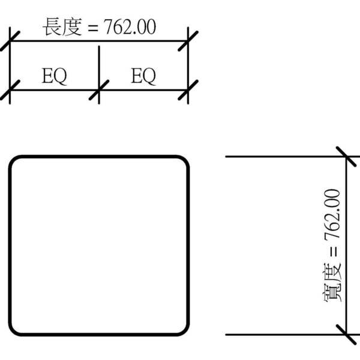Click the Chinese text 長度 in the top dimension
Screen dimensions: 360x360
[62, 27]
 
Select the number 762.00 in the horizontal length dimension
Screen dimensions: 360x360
[130, 27]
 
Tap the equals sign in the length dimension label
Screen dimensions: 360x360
[93, 28]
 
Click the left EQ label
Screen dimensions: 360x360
[55, 76]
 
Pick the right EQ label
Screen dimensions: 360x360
[143, 76]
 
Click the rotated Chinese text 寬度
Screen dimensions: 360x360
[332, 283]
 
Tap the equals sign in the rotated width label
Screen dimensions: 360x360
[334, 251]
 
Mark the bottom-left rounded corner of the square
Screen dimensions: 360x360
[14, 331]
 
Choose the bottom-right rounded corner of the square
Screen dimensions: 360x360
[184, 331]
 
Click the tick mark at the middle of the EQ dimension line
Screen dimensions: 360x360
[99, 90]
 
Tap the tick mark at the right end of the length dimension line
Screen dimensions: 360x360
[188, 41]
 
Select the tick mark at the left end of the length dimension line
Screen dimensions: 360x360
[10, 41]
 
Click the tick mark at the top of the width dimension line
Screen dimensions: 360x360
[346, 157]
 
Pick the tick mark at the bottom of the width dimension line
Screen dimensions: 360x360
[346, 335]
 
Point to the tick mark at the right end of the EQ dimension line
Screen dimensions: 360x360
[188, 90]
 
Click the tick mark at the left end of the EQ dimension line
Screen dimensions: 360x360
[10, 90]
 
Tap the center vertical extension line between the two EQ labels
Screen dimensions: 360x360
[99, 75]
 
